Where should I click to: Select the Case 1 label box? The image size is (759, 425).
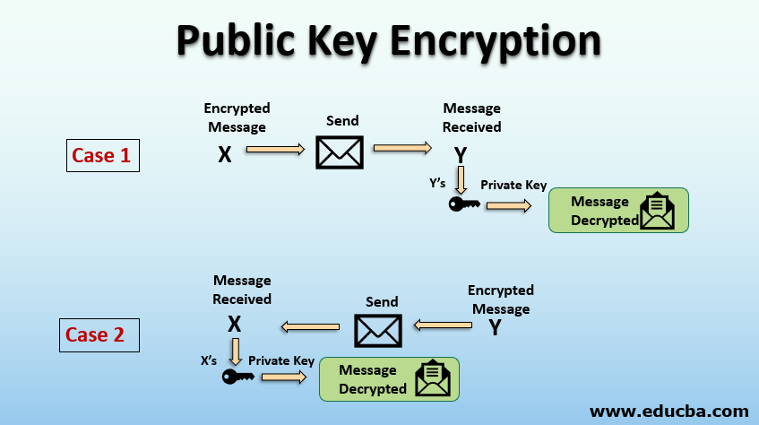(102, 155)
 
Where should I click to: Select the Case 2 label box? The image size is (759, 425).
(95, 334)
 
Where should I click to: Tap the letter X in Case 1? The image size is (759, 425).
(225, 154)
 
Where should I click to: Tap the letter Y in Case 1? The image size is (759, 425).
(461, 155)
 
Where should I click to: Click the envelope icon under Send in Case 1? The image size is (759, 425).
(340, 152)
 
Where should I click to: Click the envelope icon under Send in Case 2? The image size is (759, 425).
(378, 330)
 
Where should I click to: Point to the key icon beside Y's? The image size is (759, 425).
(463, 205)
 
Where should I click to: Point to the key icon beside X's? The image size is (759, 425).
(237, 377)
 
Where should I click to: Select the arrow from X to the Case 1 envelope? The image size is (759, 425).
(275, 150)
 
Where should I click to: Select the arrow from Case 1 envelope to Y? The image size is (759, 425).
(402, 149)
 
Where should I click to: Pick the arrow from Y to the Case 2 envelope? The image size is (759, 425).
(443, 326)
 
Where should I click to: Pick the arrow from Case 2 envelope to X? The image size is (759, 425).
(311, 327)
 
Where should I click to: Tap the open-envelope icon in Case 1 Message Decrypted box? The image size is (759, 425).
(659, 212)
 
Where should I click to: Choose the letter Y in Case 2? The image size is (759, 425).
(495, 327)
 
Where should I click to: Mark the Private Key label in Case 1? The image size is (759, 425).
(513, 186)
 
